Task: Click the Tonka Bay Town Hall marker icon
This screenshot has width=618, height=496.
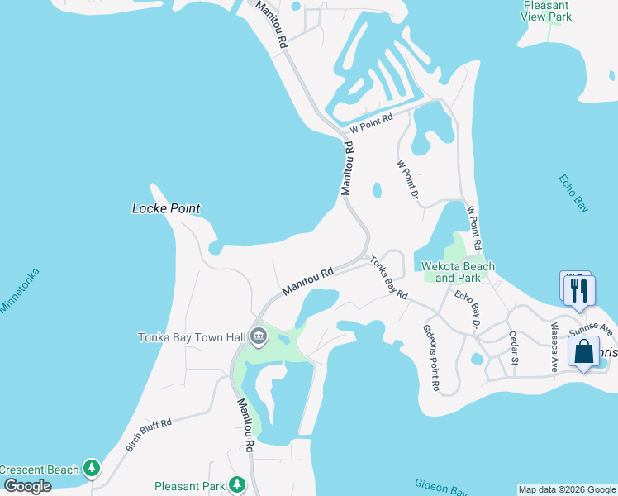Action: point(258,336)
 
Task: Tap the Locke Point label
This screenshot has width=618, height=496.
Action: point(166,208)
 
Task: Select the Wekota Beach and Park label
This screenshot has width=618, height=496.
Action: point(458,272)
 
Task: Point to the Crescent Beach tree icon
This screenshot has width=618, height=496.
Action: point(92,470)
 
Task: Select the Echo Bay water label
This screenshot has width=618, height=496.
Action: point(573,193)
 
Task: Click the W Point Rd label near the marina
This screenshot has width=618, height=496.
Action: point(371,124)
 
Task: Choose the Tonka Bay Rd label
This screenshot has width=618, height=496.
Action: point(388,277)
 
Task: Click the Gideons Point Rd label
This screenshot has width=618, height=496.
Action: point(432,357)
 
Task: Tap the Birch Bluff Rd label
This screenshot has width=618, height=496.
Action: point(149,435)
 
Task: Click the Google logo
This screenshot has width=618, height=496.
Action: point(28,486)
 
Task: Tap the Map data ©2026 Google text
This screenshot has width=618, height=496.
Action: point(567,489)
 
